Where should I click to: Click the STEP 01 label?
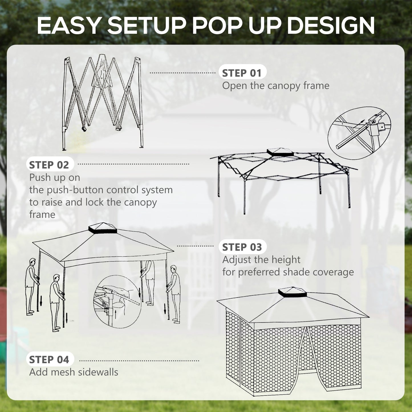click(x=242, y=73)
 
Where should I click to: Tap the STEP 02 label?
click(x=49, y=165)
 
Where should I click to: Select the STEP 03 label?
click(x=242, y=247)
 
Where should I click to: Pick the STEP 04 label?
click(x=49, y=360)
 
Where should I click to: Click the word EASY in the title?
click(x=68, y=26)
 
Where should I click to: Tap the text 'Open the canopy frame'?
click(x=275, y=86)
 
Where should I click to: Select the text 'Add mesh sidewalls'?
click(x=74, y=372)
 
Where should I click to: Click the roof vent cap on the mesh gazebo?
click(x=292, y=292)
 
